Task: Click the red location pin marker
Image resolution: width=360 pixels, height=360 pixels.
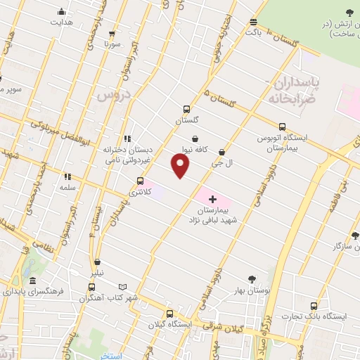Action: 181,165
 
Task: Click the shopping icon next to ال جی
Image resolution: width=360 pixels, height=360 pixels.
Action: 222,152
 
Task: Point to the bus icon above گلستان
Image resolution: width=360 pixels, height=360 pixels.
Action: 186,109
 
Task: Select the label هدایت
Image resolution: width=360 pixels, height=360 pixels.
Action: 60,22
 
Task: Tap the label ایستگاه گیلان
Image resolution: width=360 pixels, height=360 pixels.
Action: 169,324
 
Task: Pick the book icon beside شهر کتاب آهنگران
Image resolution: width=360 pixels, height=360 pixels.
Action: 124,287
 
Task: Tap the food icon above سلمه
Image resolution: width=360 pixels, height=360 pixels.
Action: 68,176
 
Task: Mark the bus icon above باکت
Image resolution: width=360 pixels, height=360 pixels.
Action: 253,22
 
